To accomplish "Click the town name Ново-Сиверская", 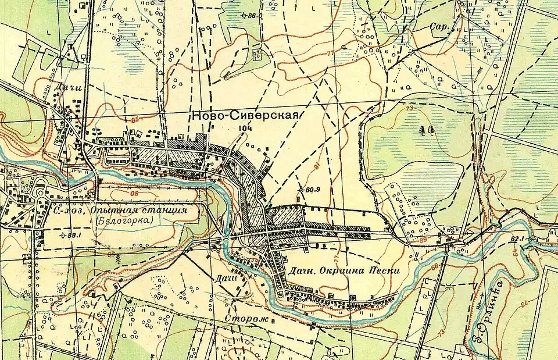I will tap(244, 116).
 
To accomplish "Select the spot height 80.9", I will tap(313, 189).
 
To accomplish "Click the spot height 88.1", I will tap(73, 235).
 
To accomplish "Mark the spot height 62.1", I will tap(519, 238).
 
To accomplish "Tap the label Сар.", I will tap(437, 27).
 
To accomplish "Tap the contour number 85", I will tap(137, 120).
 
